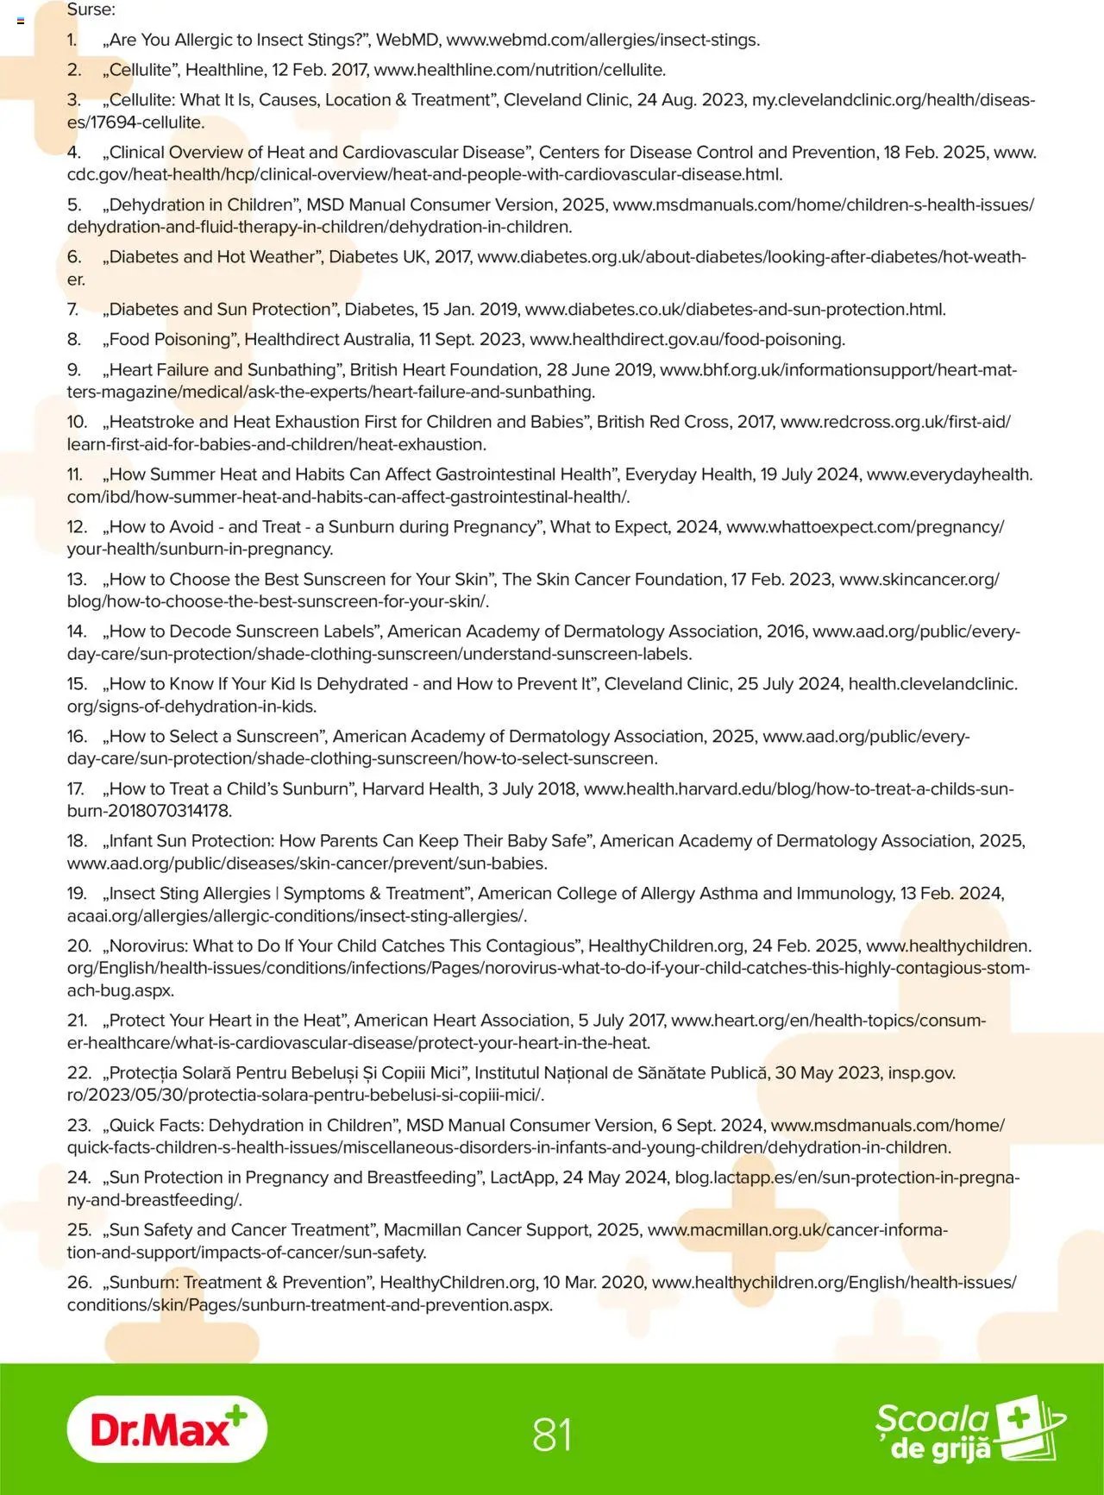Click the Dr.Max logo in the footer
coord(166,1429)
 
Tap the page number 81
coord(552,1435)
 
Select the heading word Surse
coord(91,10)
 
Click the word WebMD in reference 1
coord(407,40)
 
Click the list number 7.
coord(73,309)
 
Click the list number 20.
coord(78,945)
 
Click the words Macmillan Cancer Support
coord(497,1229)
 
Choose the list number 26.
coord(78,1282)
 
